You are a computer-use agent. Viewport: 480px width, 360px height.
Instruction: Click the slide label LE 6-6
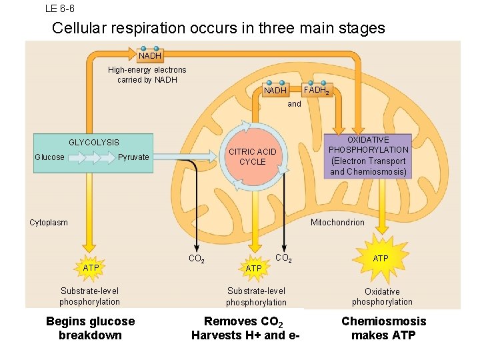pos(59,9)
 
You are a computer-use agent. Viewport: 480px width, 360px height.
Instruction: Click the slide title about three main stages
pos(218,28)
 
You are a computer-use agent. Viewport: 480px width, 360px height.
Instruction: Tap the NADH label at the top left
pos(149,56)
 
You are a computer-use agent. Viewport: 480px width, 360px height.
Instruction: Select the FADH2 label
pos(316,90)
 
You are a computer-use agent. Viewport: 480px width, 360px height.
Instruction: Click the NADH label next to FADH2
pos(275,90)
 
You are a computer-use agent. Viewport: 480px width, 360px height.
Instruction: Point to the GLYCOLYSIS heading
pos(94,142)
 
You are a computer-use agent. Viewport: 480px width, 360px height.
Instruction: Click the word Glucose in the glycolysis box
pos(50,157)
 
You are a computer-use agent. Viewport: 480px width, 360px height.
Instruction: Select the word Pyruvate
pos(133,157)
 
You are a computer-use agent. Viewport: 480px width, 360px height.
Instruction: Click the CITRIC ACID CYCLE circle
pos(252,157)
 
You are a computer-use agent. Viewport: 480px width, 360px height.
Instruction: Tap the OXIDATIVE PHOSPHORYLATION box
pos(368,156)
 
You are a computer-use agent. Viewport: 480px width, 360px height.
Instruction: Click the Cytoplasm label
pos(49,223)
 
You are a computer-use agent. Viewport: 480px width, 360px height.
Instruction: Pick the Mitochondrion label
pos(337,223)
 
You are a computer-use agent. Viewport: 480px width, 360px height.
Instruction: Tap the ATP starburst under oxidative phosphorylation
pos(381,258)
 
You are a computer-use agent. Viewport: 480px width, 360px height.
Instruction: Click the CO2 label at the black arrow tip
pos(196,259)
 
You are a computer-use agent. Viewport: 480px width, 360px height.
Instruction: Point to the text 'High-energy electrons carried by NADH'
pos(147,75)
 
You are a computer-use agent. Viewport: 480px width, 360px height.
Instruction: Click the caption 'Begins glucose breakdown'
pos(90,328)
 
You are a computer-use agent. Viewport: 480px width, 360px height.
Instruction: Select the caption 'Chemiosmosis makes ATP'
pos(383,328)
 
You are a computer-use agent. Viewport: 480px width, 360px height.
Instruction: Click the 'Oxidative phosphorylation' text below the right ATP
pos(382,297)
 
